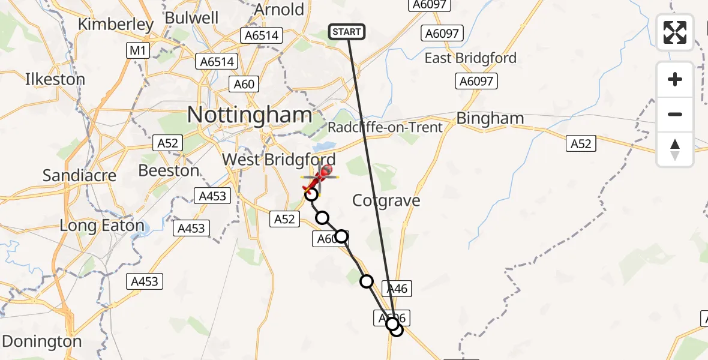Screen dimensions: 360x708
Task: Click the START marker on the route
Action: tap(347, 32)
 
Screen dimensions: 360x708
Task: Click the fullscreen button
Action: tap(675, 32)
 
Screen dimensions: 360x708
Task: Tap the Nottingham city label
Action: tap(250, 115)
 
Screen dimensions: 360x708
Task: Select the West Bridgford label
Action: tap(278, 160)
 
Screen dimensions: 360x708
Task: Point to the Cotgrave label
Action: tap(386, 200)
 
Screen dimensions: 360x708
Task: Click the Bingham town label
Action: tap(490, 118)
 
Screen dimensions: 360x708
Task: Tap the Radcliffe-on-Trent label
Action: tap(385, 127)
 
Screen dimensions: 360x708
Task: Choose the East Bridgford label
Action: tap(470, 58)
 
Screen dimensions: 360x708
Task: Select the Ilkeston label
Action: tap(55, 79)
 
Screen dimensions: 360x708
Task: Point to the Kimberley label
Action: tap(116, 25)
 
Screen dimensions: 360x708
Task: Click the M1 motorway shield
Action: tap(138, 51)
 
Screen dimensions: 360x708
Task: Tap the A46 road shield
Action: tap(397, 289)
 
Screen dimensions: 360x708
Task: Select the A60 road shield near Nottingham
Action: tap(244, 84)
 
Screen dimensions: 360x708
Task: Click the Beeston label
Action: tap(169, 170)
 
